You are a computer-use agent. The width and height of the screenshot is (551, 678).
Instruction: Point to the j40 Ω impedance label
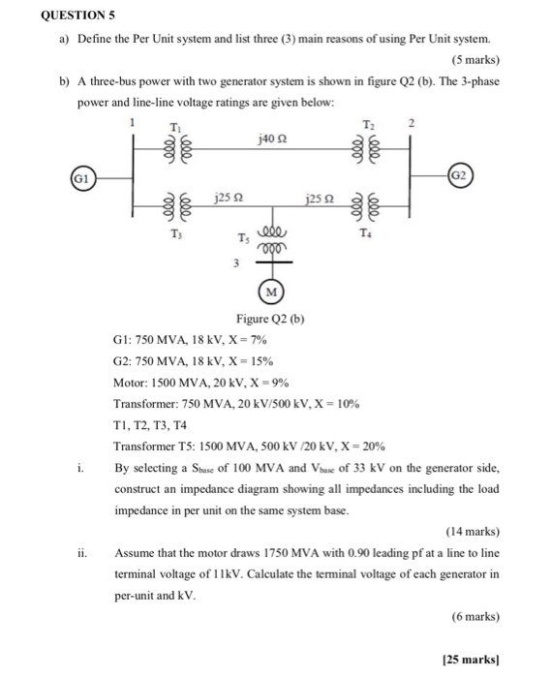pos(272,139)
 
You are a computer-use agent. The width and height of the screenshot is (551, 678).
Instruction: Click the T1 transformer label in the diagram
pos(174,128)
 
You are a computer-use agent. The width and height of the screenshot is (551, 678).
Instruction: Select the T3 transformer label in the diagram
pos(175,233)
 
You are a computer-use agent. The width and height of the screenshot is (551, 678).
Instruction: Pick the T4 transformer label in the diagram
pos(367,233)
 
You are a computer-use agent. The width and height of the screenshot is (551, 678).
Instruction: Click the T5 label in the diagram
pos(243,239)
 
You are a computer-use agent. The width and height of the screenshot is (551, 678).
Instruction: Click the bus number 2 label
pos(410,123)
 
